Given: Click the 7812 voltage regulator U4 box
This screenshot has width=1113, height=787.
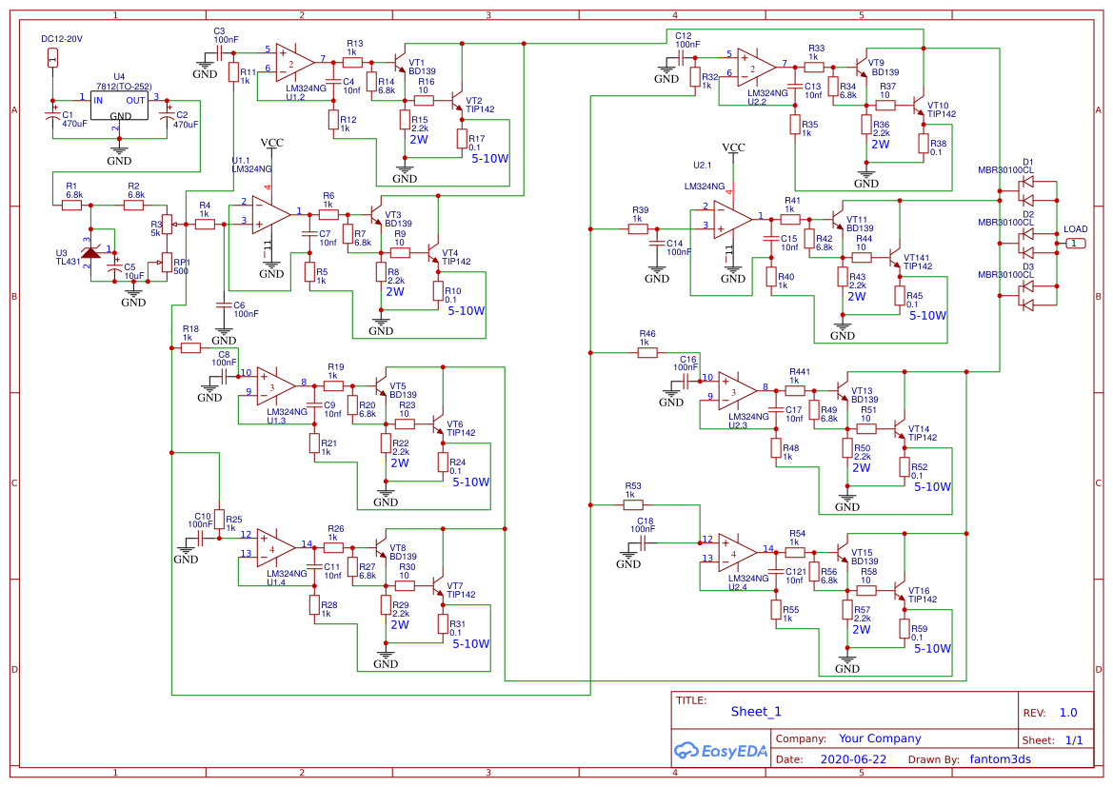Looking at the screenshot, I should [x=118, y=107].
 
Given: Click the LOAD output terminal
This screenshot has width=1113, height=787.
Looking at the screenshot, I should [x=1074, y=244].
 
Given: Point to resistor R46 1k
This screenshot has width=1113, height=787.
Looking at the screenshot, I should [x=647, y=352].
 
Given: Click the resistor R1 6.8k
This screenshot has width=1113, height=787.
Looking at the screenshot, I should [x=73, y=204].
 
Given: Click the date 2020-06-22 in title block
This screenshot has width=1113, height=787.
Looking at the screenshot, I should [x=852, y=759].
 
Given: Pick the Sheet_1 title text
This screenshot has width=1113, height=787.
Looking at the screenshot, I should [x=756, y=711].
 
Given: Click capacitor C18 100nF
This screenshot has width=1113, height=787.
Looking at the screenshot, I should [x=645, y=542].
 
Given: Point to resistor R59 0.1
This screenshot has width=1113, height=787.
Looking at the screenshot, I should [x=904, y=628].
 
